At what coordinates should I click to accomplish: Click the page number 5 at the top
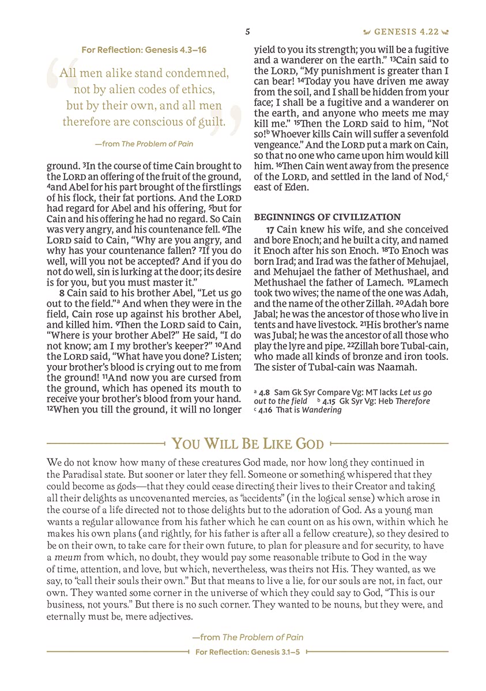coord(247,32)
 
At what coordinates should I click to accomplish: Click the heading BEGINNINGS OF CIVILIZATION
coord(327,217)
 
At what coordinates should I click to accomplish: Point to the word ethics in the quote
coord(198,90)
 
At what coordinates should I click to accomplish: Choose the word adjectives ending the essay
coord(163,616)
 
